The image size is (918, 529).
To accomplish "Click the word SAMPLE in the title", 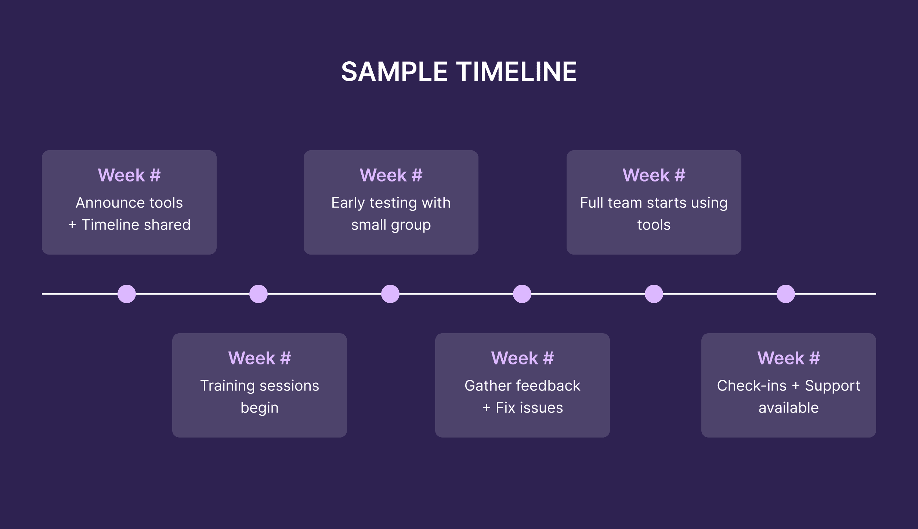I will [x=394, y=71].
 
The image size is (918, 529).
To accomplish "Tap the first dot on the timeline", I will [x=127, y=294].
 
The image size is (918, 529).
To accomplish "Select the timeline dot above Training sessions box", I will [x=259, y=294].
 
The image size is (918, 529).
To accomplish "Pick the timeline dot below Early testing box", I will [x=390, y=294].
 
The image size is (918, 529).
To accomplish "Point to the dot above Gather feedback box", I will [x=522, y=294].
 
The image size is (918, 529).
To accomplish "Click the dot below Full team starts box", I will [x=654, y=294].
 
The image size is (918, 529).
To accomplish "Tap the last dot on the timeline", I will [x=786, y=294].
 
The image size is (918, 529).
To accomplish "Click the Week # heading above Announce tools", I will [x=129, y=175].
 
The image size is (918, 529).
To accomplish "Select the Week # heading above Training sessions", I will [x=260, y=358].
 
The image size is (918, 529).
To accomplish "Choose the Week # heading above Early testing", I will [x=391, y=175].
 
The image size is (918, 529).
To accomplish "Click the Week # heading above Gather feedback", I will [x=523, y=358].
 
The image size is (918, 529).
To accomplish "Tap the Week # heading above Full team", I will [x=654, y=175].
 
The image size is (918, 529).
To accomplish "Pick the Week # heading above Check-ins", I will [x=789, y=358].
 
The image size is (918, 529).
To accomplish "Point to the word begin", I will [x=260, y=408].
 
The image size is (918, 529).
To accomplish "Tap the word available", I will [x=789, y=408].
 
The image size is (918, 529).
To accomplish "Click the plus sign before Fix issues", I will [x=487, y=408].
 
